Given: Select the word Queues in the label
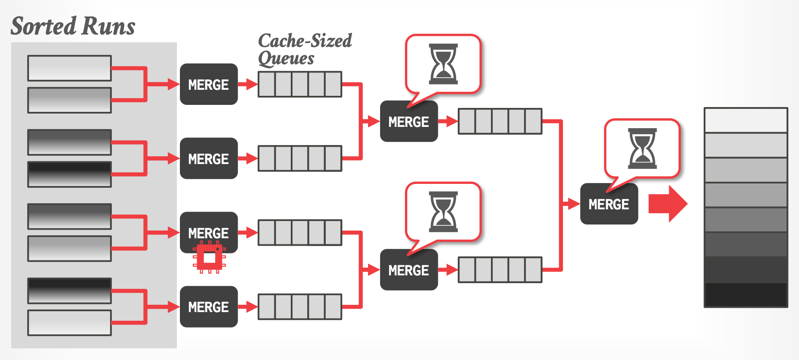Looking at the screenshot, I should point(286,58).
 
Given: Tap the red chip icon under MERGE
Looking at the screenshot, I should point(209,258).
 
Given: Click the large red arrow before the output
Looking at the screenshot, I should point(667,204).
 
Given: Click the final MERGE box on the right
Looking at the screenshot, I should point(609,204).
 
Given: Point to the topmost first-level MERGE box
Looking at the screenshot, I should point(209,84).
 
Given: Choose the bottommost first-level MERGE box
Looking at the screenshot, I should point(209,306).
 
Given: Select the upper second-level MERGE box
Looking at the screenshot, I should point(409,121).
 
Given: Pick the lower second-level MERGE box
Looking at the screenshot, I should point(409,270).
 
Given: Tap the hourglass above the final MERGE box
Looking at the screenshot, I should point(642,148).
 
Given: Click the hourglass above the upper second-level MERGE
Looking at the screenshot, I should point(443,64).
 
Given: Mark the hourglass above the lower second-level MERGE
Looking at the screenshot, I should point(443,212).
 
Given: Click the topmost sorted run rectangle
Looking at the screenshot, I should point(69,68).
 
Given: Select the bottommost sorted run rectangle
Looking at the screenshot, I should point(69,322).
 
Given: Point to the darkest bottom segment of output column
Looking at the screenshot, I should point(746,295).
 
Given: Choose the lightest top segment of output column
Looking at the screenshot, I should point(746,120).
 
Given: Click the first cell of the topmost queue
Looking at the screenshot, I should point(267,84).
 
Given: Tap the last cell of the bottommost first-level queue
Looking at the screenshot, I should point(333,306).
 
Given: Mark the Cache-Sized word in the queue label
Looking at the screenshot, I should point(305,41).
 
